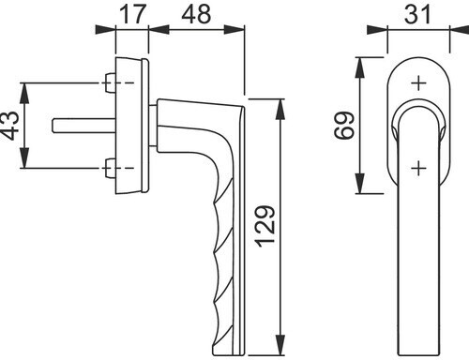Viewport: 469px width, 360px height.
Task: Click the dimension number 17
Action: (133, 14)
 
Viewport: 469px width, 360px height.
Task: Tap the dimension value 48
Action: (196, 14)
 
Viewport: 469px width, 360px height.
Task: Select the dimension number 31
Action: (417, 14)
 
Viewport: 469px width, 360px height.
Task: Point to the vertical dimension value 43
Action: (9, 126)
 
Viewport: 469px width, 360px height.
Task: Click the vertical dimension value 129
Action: (265, 226)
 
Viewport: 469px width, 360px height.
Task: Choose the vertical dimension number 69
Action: (344, 126)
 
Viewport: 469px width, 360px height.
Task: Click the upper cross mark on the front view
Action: (418, 83)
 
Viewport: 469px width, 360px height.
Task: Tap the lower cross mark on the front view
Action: (418, 169)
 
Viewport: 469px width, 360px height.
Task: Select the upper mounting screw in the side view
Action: (110, 83)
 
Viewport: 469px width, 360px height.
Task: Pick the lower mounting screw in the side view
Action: (110, 168)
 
